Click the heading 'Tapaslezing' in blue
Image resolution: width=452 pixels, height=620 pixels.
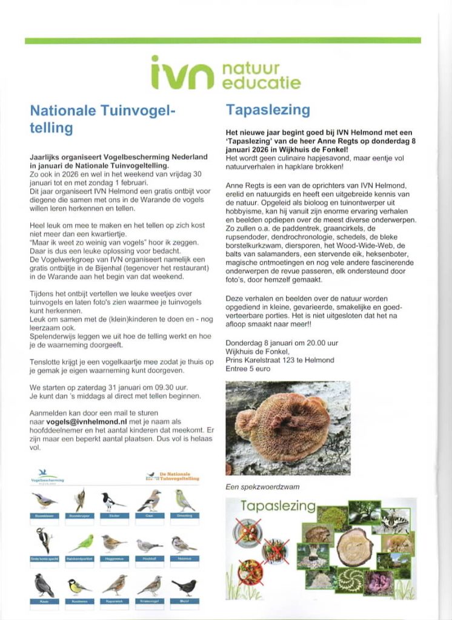coord(267,110)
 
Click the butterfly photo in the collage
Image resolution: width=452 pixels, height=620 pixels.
coord(395,520)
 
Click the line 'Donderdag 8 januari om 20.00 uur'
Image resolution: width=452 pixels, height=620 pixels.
coord(281,343)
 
